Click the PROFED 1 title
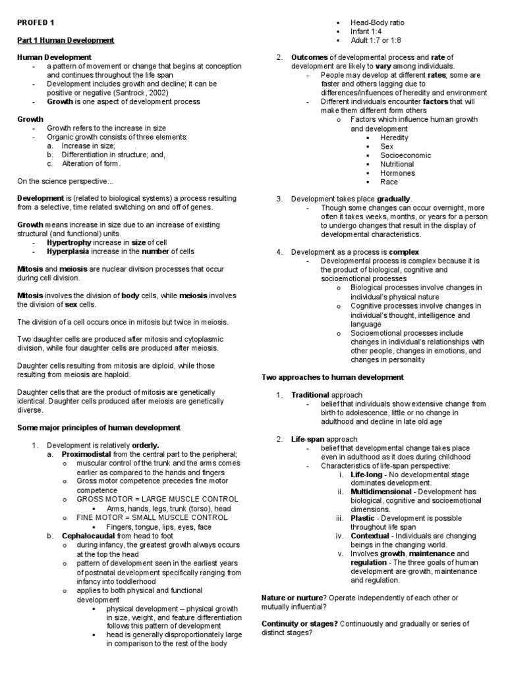[x=36, y=22]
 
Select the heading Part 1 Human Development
[x=65, y=40]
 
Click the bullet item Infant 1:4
[x=366, y=31]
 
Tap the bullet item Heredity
[x=394, y=138]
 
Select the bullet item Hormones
[x=397, y=173]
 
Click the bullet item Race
[x=389, y=182]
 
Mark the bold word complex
[x=404, y=251]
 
